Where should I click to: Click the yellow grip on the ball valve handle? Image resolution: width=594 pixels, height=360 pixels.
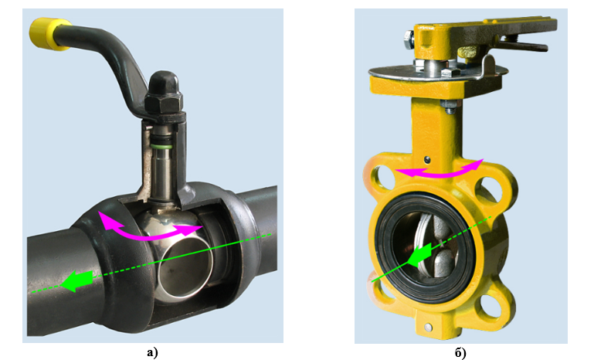(46, 33)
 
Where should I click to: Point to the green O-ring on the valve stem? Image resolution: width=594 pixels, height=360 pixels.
(161, 146)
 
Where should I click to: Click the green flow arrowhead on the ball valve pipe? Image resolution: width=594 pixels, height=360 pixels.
(77, 280)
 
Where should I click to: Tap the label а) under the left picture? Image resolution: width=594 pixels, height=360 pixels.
(152, 353)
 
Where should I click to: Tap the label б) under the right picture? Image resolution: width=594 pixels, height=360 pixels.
(460, 353)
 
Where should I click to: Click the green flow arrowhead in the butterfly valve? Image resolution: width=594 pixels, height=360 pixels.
(419, 255)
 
